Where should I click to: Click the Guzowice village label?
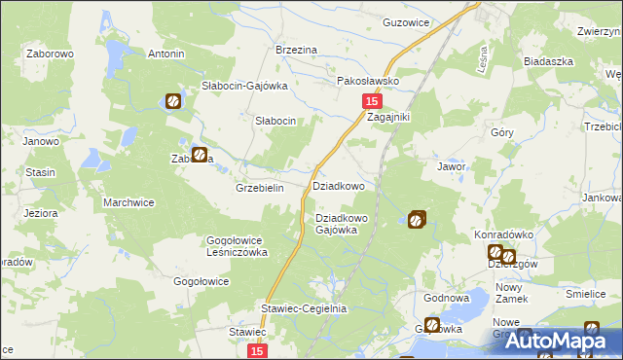pyautogui.click(x=406, y=21)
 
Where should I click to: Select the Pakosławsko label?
pyautogui.click(x=369, y=82)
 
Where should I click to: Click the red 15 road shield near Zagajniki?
pyautogui.click(x=372, y=101)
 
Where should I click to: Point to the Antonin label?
pyautogui.click(x=165, y=54)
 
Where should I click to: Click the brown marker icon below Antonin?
pyautogui.click(x=172, y=99)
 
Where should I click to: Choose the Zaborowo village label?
pyautogui.click(x=52, y=54)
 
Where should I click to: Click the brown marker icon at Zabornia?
pyautogui.click(x=200, y=155)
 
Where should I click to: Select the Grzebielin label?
pyautogui.click(x=260, y=188)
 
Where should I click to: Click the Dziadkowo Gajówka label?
pyautogui.click(x=342, y=224)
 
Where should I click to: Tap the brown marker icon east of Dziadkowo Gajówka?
pyautogui.click(x=418, y=220)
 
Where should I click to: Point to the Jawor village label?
pyautogui.click(x=452, y=166)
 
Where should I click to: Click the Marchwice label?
pyautogui.click(x=128, y=203)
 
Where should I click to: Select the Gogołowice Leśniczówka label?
pyautogui.click(x=238, y=245)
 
